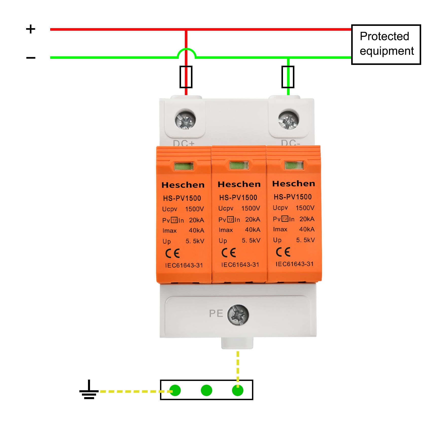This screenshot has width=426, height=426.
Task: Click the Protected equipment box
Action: coord(386,44)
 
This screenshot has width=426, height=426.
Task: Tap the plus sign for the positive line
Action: coord(31,29)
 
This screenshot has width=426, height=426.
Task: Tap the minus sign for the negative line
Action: coord(31,58)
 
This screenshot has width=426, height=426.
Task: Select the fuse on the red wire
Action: coord(186,77)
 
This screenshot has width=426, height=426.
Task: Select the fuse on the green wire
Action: coord(288,77)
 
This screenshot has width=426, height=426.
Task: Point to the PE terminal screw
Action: coord(238,315)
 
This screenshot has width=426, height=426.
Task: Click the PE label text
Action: coord(216,314)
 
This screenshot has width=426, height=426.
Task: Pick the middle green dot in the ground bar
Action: coord(206,390)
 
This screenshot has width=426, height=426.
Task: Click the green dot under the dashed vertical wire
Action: coord(238,390)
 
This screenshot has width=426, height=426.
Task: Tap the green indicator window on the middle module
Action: coord(239,166)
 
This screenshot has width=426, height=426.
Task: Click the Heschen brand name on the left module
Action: coord(183,185)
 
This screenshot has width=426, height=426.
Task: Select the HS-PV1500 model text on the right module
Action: coord(293,197)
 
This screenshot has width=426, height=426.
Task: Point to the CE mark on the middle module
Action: coord(229,253)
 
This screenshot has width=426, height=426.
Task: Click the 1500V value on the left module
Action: coord(194,209)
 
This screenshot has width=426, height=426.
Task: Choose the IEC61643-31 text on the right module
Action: coord(295,264)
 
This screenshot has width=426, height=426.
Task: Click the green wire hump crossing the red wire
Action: coord(186,50)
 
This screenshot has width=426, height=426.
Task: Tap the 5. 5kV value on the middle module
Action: coord(251,240)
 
